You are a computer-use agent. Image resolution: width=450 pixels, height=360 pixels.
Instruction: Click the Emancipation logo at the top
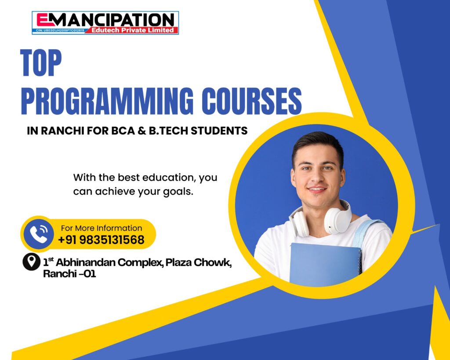[105, 23]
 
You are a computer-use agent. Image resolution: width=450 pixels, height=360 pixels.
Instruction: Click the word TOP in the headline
[41, 62]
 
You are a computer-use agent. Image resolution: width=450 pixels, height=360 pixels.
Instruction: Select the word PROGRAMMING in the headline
[107, 101]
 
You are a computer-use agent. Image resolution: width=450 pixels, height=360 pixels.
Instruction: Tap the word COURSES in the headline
[252, 101]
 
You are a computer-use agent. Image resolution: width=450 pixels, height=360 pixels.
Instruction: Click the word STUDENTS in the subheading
[219, 131]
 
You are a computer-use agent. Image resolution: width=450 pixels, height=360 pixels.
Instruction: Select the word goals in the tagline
[178, 192]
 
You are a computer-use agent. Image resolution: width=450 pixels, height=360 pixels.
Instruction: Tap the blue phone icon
[39, 234]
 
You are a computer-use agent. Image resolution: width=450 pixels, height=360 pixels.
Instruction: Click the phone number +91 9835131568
[102, 240]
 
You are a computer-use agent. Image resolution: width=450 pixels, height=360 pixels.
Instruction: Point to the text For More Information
[102, 228]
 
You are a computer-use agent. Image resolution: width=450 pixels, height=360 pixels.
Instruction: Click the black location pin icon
[31, 262]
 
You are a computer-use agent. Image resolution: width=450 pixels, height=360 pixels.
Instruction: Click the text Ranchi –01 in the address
[69, 274]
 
